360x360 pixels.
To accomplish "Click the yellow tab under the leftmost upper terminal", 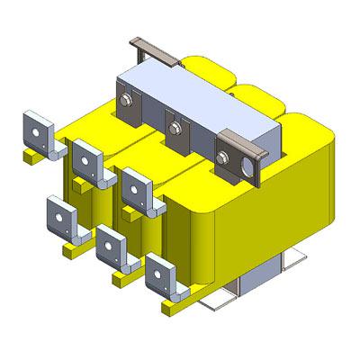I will click(x=32, y=157).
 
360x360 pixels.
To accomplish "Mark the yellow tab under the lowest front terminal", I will click(x=171, y=309).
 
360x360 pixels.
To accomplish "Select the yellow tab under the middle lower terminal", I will click(x=119, y=279).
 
